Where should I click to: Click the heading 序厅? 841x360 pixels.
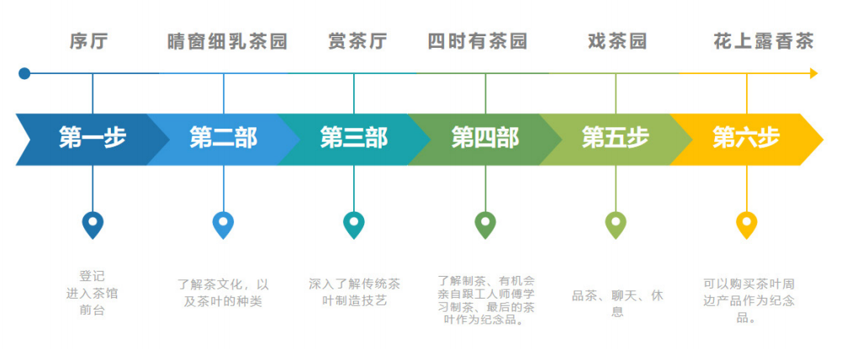point(88,41)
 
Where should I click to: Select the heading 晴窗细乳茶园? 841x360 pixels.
point(227,41)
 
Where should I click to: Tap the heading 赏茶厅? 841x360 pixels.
point(357,41)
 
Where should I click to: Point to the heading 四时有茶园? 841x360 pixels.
point(478,41)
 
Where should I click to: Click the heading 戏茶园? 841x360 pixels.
point(617,41)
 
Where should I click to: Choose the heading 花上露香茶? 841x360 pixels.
point(764,41)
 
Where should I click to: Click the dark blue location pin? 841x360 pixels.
point(93,224)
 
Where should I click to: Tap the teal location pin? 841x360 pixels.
point(353,224)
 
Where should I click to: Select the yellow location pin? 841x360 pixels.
point(746,224)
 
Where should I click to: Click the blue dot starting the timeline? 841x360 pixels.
point(24,73)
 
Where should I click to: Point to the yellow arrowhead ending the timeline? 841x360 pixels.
point(813,73)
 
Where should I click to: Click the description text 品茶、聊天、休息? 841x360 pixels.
point(617,303)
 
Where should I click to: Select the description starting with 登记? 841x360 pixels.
point(92,293)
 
